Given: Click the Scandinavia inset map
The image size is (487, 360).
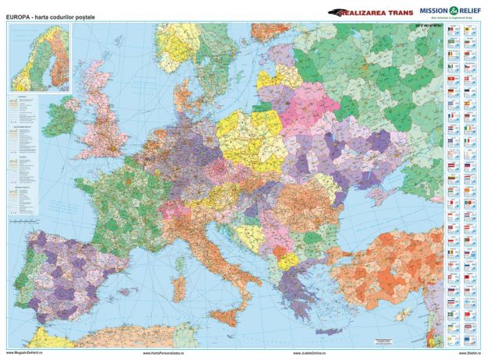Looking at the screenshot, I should coord(39,58).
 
